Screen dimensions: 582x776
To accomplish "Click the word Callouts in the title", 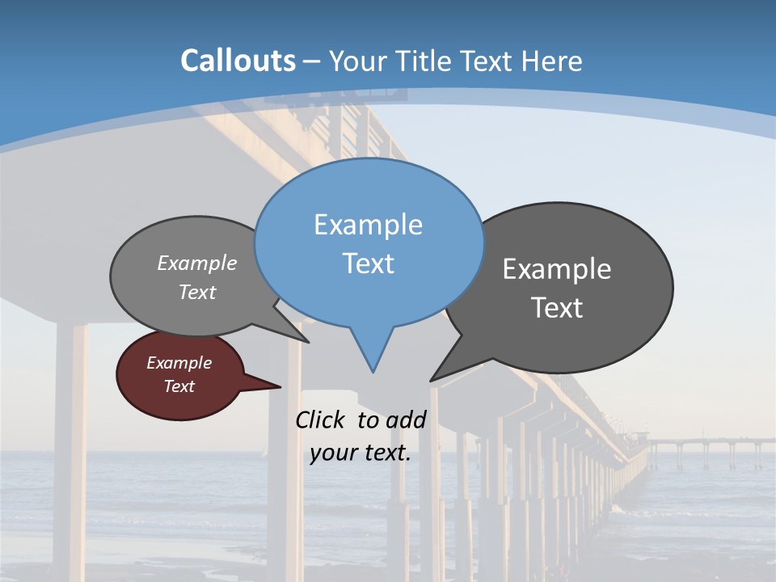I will (238, 61).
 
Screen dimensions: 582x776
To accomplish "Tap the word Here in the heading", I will (553, 61).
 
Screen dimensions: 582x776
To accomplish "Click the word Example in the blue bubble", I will (368, 225).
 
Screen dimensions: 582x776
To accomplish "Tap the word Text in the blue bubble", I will (368, 264).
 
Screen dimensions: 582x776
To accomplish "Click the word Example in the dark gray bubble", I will (557, 269).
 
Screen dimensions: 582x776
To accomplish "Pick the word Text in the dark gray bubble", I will (557, 308).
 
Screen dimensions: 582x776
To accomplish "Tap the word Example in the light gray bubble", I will (197, 264).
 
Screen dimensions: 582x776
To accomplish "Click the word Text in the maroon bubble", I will (179, 386).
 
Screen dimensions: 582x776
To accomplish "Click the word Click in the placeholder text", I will (323, 420).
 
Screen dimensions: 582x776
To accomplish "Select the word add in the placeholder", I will (407, 420).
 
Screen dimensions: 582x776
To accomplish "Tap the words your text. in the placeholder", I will (360, 453).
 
